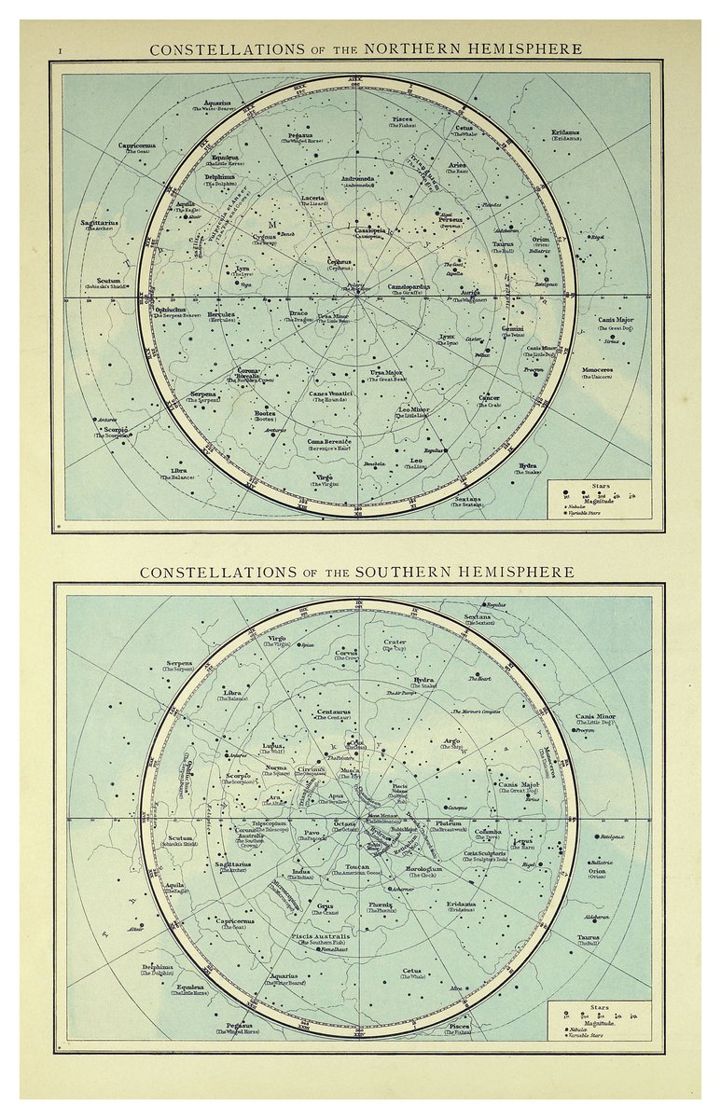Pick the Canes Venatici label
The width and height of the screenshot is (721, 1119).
point(330,394)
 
